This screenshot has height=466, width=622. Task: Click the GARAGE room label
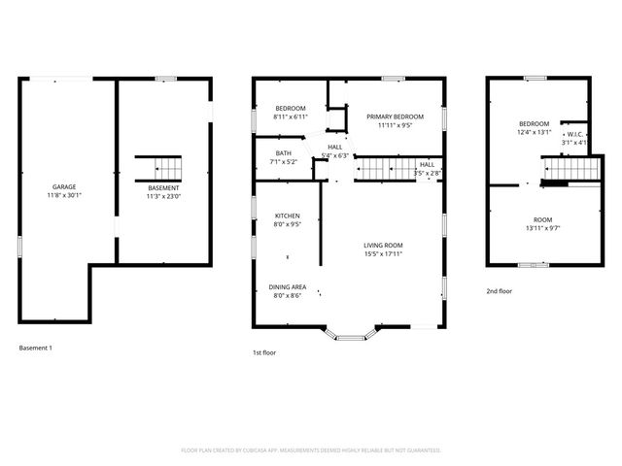pos(64,186)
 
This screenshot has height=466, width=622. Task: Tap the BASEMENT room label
pos(163,187)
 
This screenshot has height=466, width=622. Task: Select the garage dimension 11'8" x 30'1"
pos(64,196)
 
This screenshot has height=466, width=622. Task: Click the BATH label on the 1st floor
pos(284,152)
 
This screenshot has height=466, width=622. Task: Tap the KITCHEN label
pos(287,216)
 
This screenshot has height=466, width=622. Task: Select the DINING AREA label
pos(288,287)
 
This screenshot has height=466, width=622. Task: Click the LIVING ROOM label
pos(383,245)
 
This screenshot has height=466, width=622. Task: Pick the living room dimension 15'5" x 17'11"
pos(383,254)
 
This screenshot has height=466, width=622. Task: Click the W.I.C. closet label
pos(572,134)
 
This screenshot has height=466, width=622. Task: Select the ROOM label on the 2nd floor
pos(541,219)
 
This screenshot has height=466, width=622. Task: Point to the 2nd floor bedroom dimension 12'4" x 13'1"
pos(534,133)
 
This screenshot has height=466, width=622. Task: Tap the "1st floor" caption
pos(263,352)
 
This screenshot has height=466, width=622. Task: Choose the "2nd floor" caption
pos(500,291)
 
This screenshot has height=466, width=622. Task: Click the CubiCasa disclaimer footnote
pos(311,450)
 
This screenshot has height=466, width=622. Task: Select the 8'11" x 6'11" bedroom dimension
pos(291,116)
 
